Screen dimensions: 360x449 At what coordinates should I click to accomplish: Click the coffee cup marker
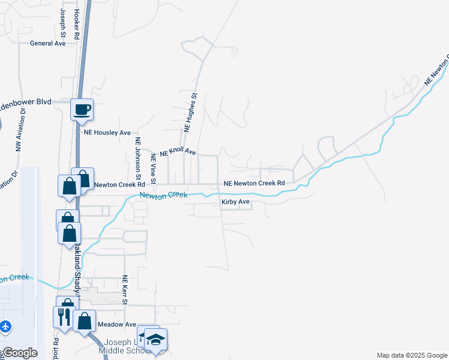[82, 110]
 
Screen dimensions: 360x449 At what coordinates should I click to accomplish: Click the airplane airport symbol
[6, 327]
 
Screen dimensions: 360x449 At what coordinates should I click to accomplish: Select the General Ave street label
[48, 43]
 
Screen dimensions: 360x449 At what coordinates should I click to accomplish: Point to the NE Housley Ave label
[107, 133]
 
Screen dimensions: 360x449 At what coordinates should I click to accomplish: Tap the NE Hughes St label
[190, 112]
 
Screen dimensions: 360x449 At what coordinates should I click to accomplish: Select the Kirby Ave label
[235, 202]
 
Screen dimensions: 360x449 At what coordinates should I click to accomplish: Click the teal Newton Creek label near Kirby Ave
[163, 195]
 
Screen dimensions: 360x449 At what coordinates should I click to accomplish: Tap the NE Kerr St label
[125, 290]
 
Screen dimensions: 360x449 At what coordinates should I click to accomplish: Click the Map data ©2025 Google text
[412, 355]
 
